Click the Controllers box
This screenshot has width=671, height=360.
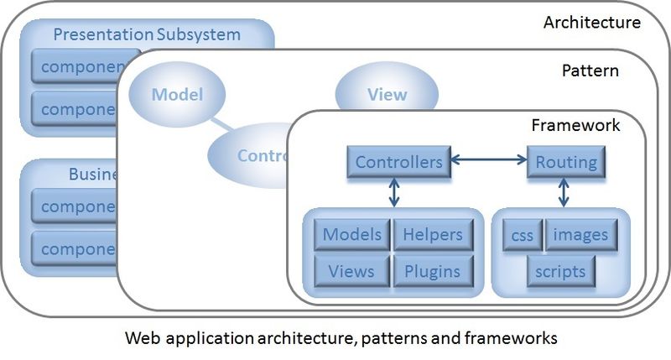(x=398, y=162)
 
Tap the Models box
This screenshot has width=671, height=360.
(x=352, y=235)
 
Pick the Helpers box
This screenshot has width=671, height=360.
(x=433, y=235)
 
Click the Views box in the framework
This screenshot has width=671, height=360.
(x=352, y=271)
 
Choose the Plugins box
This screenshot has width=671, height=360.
(x=433, y=271)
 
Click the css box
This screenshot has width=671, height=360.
(x=522, y=236)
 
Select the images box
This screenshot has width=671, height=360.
(x=581, y=236)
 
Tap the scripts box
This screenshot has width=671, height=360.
(x=561, y=271)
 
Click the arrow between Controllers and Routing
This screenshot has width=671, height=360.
(x=488, y=157)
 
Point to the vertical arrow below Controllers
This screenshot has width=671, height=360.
(x=393, y=192)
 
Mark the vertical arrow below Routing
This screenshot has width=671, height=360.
(x=564, y=192)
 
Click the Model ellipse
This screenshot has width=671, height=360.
(x=177, y=94)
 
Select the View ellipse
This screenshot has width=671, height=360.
(x=386, y=94)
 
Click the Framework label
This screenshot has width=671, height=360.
(x=575, y=126)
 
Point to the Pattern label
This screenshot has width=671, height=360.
(x=590, y=71)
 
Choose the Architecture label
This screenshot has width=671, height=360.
(x=591, y=23)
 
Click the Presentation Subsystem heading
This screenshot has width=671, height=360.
(x=146, y=35)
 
